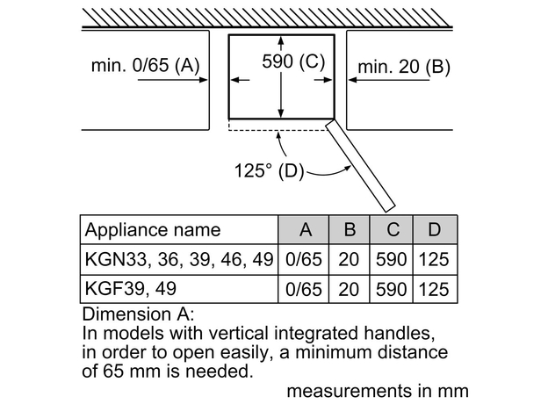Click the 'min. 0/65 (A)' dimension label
click(146, 66)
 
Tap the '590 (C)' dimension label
click(293, 61)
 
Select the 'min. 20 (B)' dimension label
click(403, 66)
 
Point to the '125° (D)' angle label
click(269, 170)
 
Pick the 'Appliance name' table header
click(152, 230)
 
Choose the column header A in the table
click(305, 230)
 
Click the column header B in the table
click(349, 230)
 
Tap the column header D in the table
click(434, 230)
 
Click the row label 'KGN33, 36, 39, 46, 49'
click(178, 261)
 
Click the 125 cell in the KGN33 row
click(434, 261)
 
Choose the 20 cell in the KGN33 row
click(349, 261)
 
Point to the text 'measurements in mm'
click(378, 390)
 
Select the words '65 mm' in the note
click(133, 371)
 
